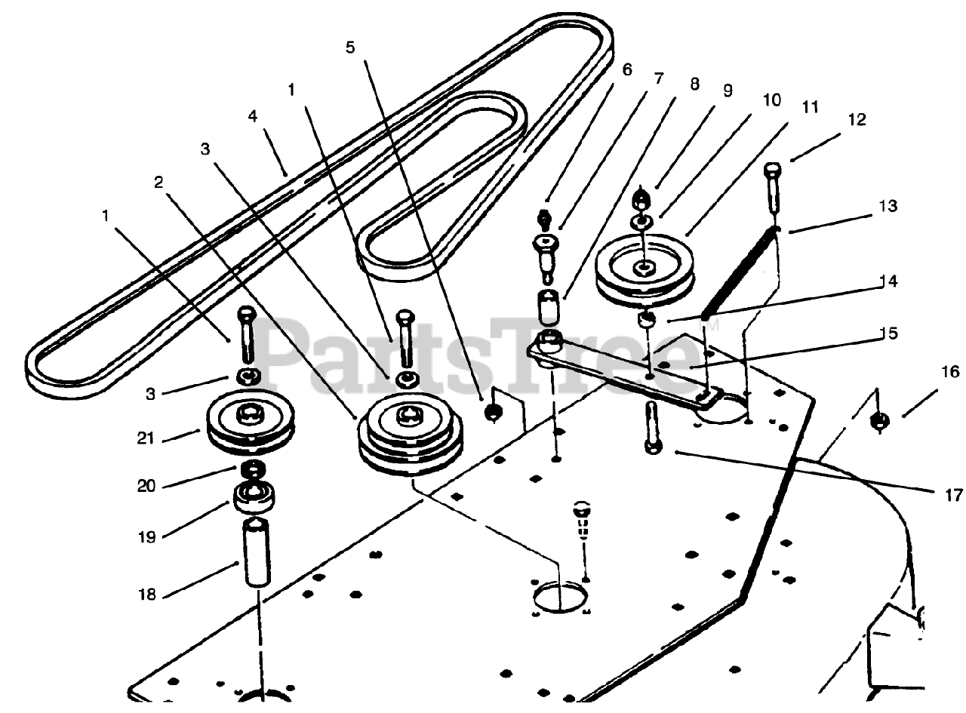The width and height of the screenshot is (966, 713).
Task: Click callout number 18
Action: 148,595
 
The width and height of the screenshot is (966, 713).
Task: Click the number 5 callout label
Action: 350,48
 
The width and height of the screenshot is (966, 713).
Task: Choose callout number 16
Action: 929,372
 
